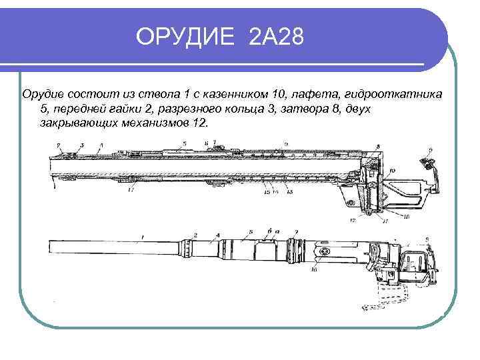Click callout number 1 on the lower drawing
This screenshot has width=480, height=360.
141,237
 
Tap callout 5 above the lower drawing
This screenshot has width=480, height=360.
251,232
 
